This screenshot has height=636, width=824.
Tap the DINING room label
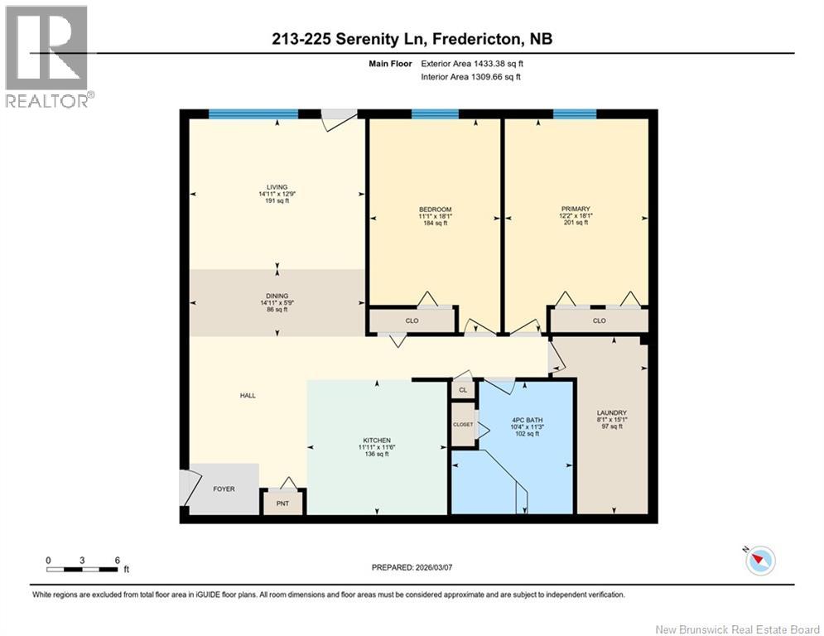(x=277, y=296)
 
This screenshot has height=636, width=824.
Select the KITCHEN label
(x=376, y=440)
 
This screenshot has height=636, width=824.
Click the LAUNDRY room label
(x=612, y=413)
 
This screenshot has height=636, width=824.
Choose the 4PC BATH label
(x=526, y=420)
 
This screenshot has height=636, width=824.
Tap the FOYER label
(x=224, y=489)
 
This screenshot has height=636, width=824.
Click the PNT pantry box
(x=282, y=503)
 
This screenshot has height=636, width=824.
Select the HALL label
(x=248, y=396)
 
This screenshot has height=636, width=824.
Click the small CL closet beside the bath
(x=462, y=389)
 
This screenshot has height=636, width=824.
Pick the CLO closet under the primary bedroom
(x=599, y=320)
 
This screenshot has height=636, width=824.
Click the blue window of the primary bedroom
(x=574, y=114)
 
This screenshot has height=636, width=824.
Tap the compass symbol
(x=759, y=561)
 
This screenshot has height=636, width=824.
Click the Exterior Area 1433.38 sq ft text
(x=472, y=63)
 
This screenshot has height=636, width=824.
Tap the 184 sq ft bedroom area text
(x=435, y=223)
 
